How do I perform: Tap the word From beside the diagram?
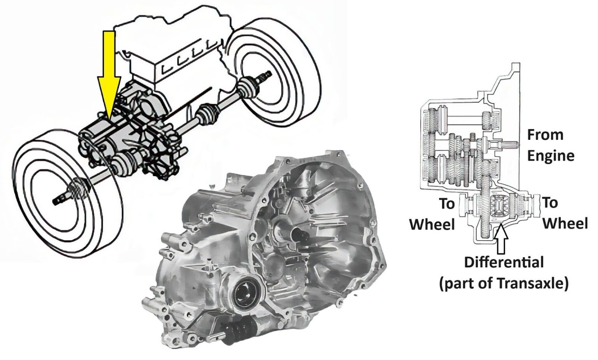[x=545, y=135]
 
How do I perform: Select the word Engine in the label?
[x=551, y=156]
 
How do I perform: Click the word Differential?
[x=504, y=262]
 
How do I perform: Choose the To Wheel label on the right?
[x=564, y=213]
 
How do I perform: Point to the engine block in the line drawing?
[x=175, y=51]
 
